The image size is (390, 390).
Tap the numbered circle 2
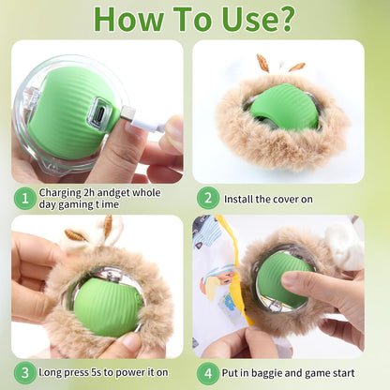click(x=208, y=198)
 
